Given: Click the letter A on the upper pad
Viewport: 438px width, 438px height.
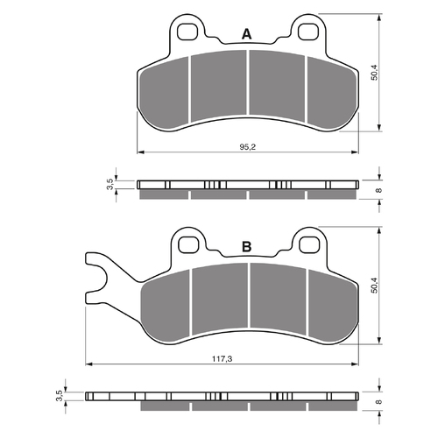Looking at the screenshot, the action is [x=247, y=34].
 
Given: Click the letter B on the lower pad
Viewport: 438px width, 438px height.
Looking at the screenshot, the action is [x=247, y=247].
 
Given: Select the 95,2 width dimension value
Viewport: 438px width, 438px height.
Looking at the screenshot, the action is [x=248, y=147].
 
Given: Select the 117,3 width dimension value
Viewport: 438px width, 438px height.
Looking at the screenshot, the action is [x=222, y=359].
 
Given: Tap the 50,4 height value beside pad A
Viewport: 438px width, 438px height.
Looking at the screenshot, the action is [x=374, y=72].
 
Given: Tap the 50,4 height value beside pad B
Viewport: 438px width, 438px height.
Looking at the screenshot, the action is [x=374, y=285].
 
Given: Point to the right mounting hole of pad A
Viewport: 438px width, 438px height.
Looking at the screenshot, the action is [x=307, y=32].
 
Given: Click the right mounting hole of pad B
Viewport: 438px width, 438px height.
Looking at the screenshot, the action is [x=309, y=244].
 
